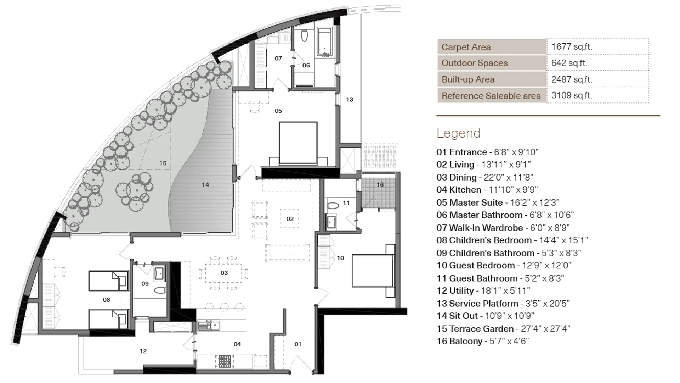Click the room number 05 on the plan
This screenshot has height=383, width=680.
coord(278,111)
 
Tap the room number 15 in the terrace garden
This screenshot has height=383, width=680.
coord(163,163)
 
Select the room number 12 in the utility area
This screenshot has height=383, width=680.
coord(143,351)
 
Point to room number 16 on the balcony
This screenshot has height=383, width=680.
coord(380,185)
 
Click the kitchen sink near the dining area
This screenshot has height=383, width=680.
coord(209,325)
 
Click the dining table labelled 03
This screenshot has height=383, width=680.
coord(224,273)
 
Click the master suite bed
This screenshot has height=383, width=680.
coord(298,143)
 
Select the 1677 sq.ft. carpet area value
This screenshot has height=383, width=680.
coord(572,46)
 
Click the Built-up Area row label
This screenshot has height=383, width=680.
coord(468,79)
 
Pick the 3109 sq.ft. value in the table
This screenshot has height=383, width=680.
coord(572,95)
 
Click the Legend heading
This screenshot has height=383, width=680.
coord(459,133)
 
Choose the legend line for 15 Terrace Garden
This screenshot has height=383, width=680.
coord(503,329)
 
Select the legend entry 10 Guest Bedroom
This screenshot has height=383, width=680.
coord(504,266)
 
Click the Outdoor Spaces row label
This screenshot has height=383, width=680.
coord(475,63)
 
